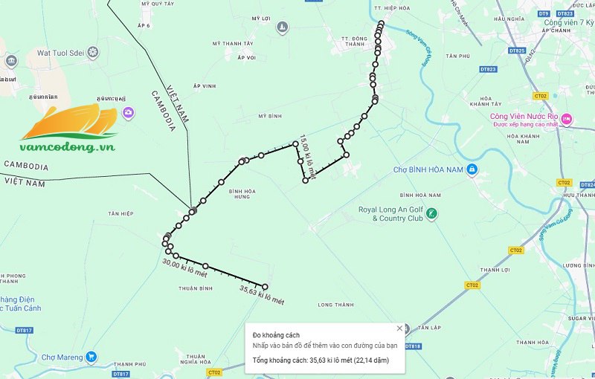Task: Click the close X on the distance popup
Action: point(399,328)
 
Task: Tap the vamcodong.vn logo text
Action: point(69,148)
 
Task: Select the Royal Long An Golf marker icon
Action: point(432,214)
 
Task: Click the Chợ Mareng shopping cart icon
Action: point(91,357)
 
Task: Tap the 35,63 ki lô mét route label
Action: point(262,295)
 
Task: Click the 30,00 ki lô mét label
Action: point(183,269)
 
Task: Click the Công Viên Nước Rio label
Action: point(524,116)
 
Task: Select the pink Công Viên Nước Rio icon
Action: point(566,117)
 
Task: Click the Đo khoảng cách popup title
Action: point(276,336)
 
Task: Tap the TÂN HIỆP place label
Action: point(119,213)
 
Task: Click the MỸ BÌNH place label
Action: point(270,117)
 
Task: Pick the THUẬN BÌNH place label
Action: point(196,288)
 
